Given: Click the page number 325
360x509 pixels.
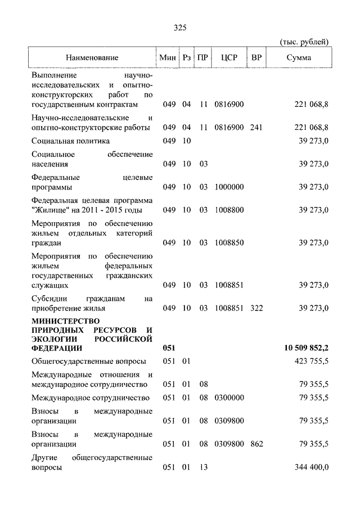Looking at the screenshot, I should point(180,28).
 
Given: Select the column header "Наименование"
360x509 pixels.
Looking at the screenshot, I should point(92,58).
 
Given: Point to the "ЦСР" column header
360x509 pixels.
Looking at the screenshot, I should point(228,58).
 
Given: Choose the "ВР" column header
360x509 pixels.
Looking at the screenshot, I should point(256,58).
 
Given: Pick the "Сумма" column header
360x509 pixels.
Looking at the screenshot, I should point(298,58).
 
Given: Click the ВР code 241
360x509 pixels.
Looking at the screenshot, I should point(256,128).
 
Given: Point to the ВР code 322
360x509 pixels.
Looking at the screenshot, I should point(256,308).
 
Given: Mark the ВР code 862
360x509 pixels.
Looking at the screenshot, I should point(256,444).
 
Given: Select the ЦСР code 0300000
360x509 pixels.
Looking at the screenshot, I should point(228,398).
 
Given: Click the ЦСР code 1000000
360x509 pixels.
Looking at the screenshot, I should point(228,187).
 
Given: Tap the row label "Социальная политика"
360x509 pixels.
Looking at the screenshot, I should point(71,141).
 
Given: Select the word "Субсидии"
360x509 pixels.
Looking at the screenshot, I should point(50,299).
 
